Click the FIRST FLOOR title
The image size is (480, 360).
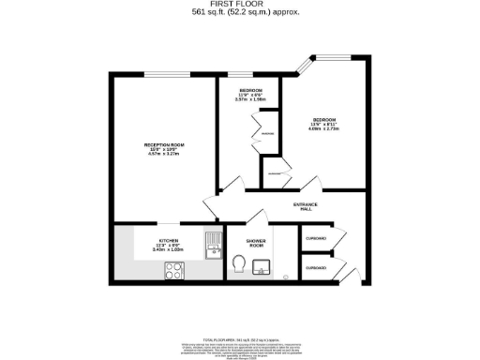[240, 5]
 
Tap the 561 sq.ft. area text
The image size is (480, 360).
[240, 13]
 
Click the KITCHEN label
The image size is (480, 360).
[168, 240]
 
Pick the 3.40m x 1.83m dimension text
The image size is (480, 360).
[168, 250]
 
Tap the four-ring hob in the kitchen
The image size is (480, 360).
[175, 271]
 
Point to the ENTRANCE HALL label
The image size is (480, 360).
[306, 206]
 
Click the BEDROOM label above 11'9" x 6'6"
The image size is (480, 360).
[250, 90]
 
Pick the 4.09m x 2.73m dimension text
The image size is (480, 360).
[325, 130]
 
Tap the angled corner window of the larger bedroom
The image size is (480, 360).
[306, 67]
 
